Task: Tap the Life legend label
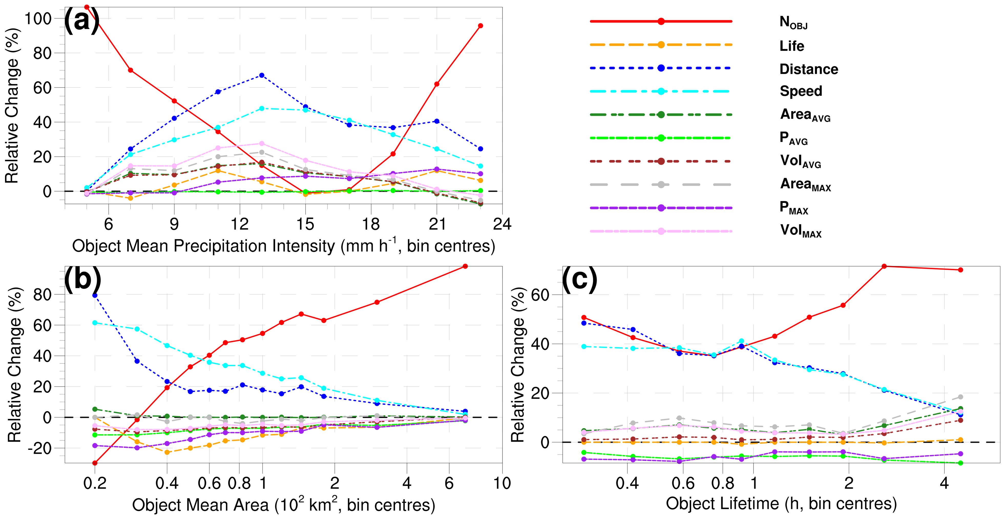click(x=792, y=46)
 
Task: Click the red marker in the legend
click(x=661, y=21)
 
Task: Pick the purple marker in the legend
click(x=661, y=208)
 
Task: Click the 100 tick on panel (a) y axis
click(x=38, y=18)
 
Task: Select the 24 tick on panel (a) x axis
click(x=502, y=224)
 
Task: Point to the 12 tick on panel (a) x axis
click(x=239, y=224)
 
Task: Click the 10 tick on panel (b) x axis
click(x=502, y=483)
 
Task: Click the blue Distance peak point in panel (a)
click(x=262, y=75)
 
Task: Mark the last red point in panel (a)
click(x=480, y=26)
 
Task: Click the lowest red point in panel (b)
click(x=95, y=463)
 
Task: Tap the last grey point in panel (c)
click(x=960, y=397)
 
